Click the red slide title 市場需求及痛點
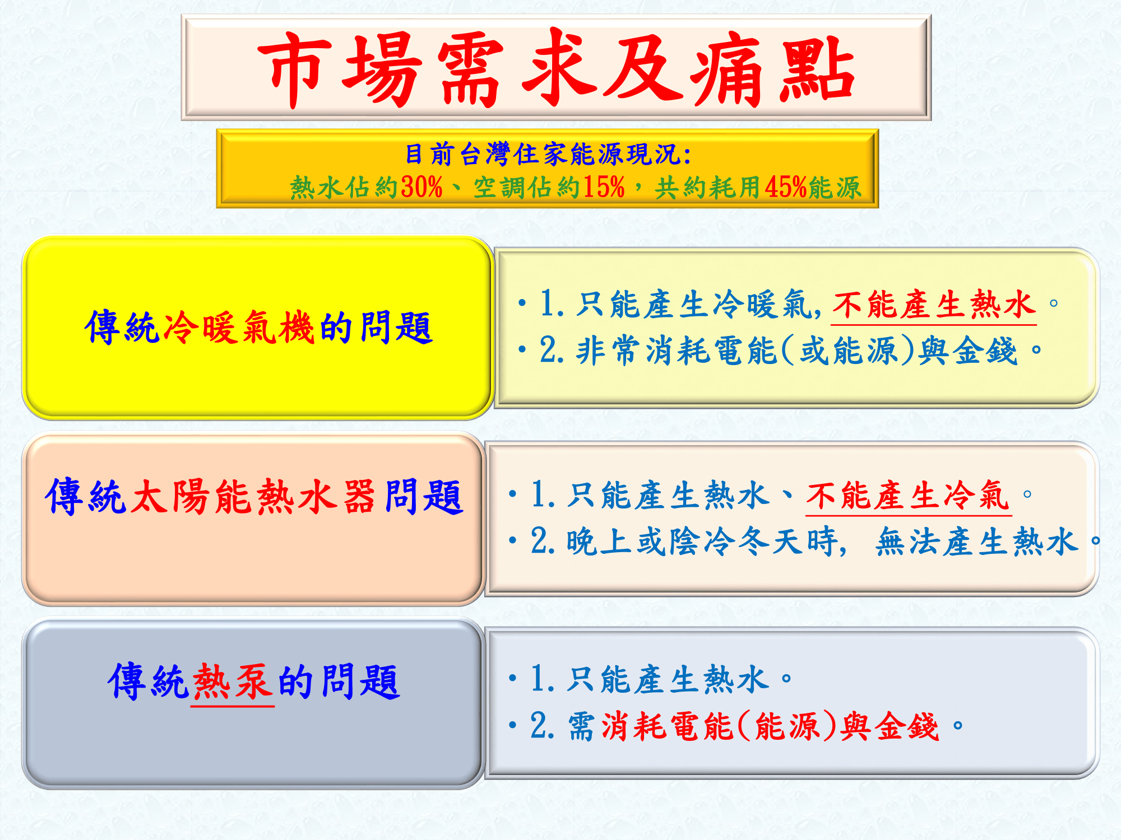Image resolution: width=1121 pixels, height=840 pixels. [x=556, y=68]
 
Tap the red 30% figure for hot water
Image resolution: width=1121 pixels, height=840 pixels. [x=422, y=187]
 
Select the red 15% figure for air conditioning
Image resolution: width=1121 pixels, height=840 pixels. [x=604, y=187]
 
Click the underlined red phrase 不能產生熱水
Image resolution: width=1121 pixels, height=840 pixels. [x=933, y=306]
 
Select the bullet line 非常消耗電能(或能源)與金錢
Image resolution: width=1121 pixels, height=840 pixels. [x=779, y=351]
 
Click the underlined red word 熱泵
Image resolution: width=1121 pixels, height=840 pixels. [x=233, y=682]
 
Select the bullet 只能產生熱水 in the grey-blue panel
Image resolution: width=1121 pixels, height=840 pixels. [x=667, y=680]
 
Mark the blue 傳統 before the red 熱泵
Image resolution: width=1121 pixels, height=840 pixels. [x=149, y=682]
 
